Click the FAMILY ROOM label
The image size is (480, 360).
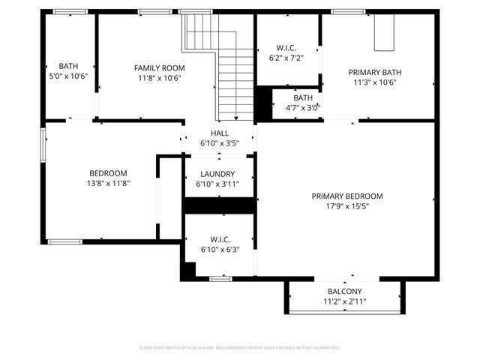pyautogui.click(x=158, y=67)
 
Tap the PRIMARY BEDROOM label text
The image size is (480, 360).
pyautogui.click(x=347, y=195)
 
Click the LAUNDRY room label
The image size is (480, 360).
pyautogui.click(x=217, y=174)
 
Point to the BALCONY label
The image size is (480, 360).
pyautogui.click(x=345, y=291)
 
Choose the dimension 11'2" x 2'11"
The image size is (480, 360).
pyautogui.click(x=345, y=301)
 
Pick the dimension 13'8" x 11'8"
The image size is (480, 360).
pyautogui.click(x=109, y=183)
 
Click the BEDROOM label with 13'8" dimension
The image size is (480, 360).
pyautogui.click(x=109, y=172)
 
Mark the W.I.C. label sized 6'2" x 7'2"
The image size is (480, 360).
pyautogui.click(x=289, y=47)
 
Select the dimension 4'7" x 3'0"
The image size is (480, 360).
pyautogui.click(x=303, y=107)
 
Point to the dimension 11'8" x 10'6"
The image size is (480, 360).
pyautogui.click(x=158, y=78)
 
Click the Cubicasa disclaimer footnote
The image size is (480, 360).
pyautogui.click(x=240, y=348)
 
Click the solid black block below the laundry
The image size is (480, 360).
pyautogui.click(x=220, y=205)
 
